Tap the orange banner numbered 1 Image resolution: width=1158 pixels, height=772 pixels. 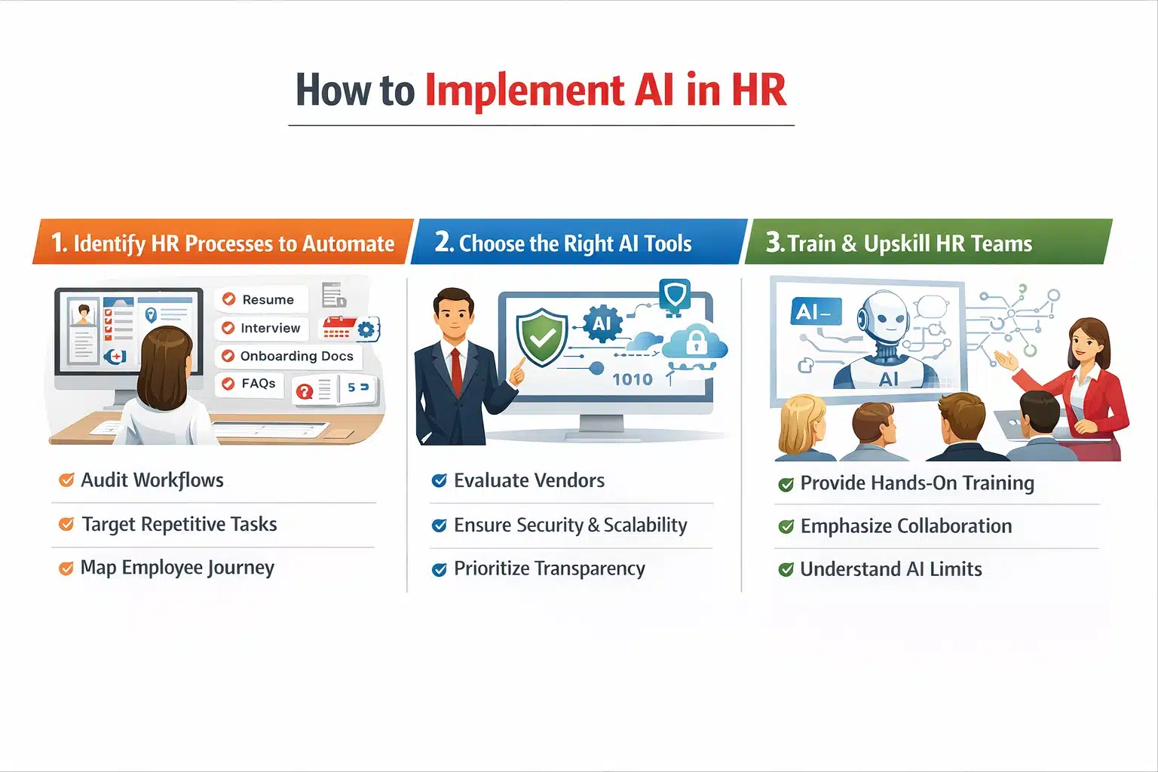tap(222, 243)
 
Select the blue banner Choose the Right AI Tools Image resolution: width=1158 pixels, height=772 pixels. tap(577, 243)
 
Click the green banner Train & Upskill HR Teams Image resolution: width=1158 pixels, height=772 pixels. tap(927, 243)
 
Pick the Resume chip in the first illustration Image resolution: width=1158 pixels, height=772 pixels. tap(262, 299)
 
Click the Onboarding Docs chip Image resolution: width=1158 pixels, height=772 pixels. tap(289, 356)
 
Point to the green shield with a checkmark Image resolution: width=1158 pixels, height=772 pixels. tap(541, 337)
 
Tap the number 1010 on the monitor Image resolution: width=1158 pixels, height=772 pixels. tap(632, 379)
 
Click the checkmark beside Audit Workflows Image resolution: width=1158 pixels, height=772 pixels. tap(66, 480)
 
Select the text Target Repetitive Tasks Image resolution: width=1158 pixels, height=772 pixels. tap(179, 524)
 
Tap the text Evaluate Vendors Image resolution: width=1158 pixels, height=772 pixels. tap(529, 480)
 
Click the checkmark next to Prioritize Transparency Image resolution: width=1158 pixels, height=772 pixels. tap(439, 569)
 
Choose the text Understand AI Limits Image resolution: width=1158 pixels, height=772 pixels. tap(891, 569)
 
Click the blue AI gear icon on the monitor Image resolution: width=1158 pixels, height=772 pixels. tap(602, 324)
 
